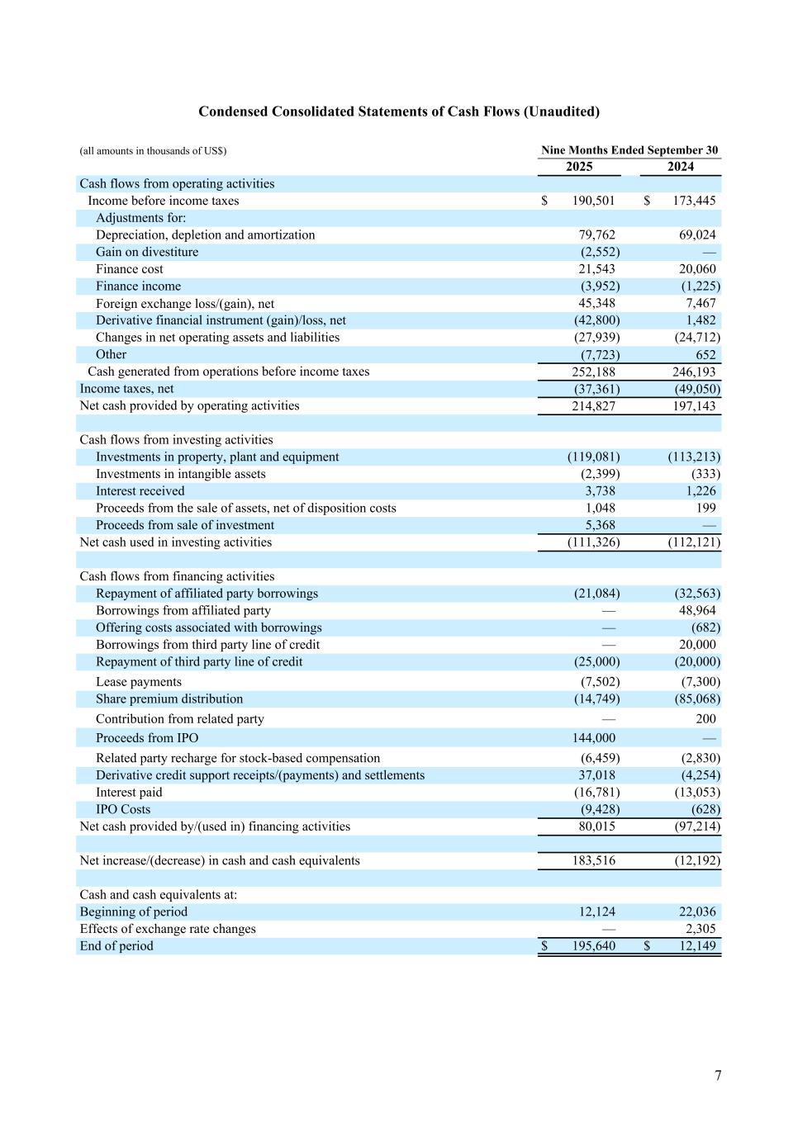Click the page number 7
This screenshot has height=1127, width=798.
pyautogui.click(x=718, y=1075)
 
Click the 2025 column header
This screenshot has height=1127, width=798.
pyautogui.click(x=579, y=167)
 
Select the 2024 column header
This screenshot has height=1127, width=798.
pyautogui.click(x=681, y=167)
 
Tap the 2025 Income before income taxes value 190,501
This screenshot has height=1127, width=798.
pyautogui.click(x=593, y=201)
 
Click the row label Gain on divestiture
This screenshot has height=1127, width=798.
pyautogui.click(x=147, y=252)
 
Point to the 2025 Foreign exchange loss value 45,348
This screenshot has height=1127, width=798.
pyautogui.click(x=596, y=303)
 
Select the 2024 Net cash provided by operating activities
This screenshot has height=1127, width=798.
pyautogui.click(x=694, y=405)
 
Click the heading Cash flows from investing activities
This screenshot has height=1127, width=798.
pyautogui.click(x=176, y=439)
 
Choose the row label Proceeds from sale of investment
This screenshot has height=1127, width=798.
pyautogui.click(x=185, y=525)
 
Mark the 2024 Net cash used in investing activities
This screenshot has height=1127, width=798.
pyautogui.click(x=694, y=542)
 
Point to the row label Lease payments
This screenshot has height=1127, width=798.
pyautogui.click(x=139, y=681)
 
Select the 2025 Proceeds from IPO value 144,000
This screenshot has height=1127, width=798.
pyautogui.click(x=593, y=737)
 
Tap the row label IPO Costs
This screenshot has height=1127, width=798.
pyautogui.click(x=123, y=809)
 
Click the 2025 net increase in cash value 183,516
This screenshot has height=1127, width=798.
pyautogui.click(x=593, y=860)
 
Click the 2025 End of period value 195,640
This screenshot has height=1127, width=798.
pyautogui.click(x=593, y=945)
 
